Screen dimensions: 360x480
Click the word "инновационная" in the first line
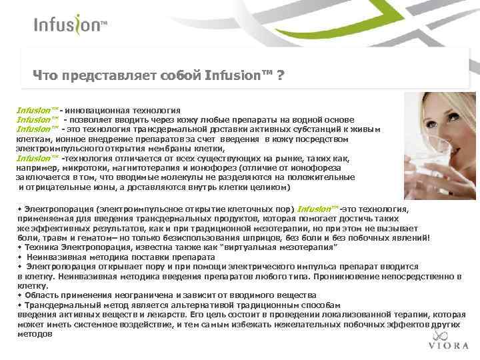pos(93,109)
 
